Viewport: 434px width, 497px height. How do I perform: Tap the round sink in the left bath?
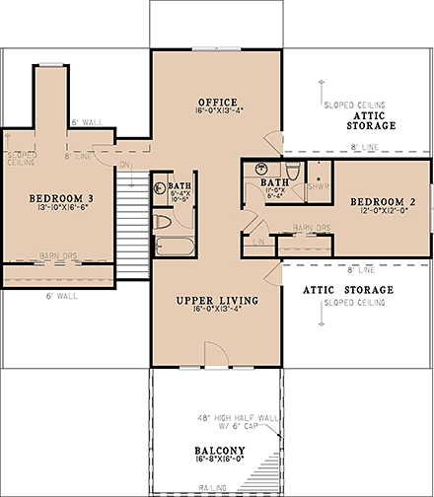coord(159,184)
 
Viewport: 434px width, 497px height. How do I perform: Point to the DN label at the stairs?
coord(124,166)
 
